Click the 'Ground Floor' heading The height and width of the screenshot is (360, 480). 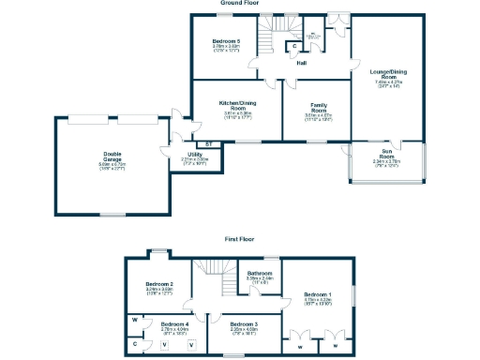(x=239, y=4)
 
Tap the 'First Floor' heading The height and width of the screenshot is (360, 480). (x=239, y=240)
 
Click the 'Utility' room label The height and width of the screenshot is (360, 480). (x=195, y=154)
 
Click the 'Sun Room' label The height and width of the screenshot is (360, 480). (x=386, y=151)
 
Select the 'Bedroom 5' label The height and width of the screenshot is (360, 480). (x=225, y=42)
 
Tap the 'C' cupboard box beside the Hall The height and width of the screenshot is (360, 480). (x=294, y=46)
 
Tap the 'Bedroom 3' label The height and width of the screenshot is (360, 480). (x=243, y=323)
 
